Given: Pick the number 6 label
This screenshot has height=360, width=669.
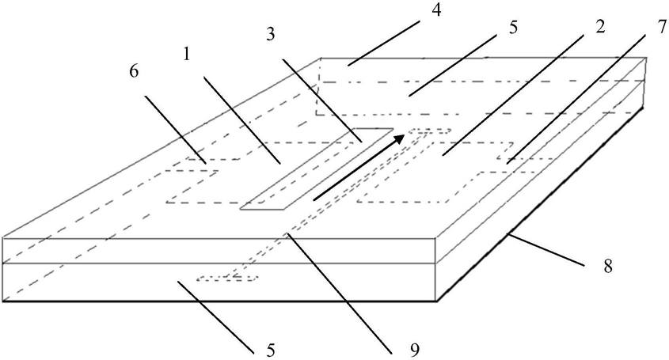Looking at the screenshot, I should [x=135, y=71].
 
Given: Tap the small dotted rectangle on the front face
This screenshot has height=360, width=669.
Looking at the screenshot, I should [x=228, y=278].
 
